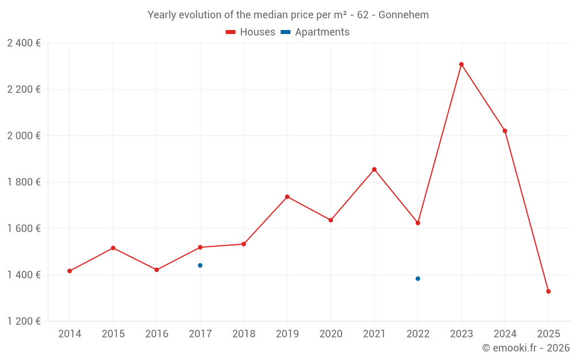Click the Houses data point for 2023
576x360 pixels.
[x=461, y=65]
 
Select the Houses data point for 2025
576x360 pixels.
[x=548, y=291]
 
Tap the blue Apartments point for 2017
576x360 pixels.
[x=200, y=266]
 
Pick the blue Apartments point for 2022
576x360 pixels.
[x=418, y=279]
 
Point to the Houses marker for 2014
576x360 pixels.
[x=70, y=271]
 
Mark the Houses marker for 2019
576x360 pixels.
[x=287, y=197]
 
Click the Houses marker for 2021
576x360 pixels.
[x=374, y=169]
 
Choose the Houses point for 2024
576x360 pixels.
[x=505, y=131]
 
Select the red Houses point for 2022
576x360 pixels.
[x=418, y=223]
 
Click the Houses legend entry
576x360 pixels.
[x=251, y=32]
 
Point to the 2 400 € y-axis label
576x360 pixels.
[x=24, y=43]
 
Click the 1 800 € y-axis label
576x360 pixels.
[x=24, y=182]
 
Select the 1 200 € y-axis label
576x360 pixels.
[x=24, y=321]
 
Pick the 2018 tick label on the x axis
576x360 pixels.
[x=244, y=334]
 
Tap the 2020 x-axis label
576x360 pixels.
[x=331, y=334]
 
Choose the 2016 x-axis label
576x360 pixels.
[x=157, y=334]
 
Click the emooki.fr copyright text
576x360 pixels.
[x=526, y=348]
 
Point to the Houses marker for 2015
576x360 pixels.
[x=113, y=248]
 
